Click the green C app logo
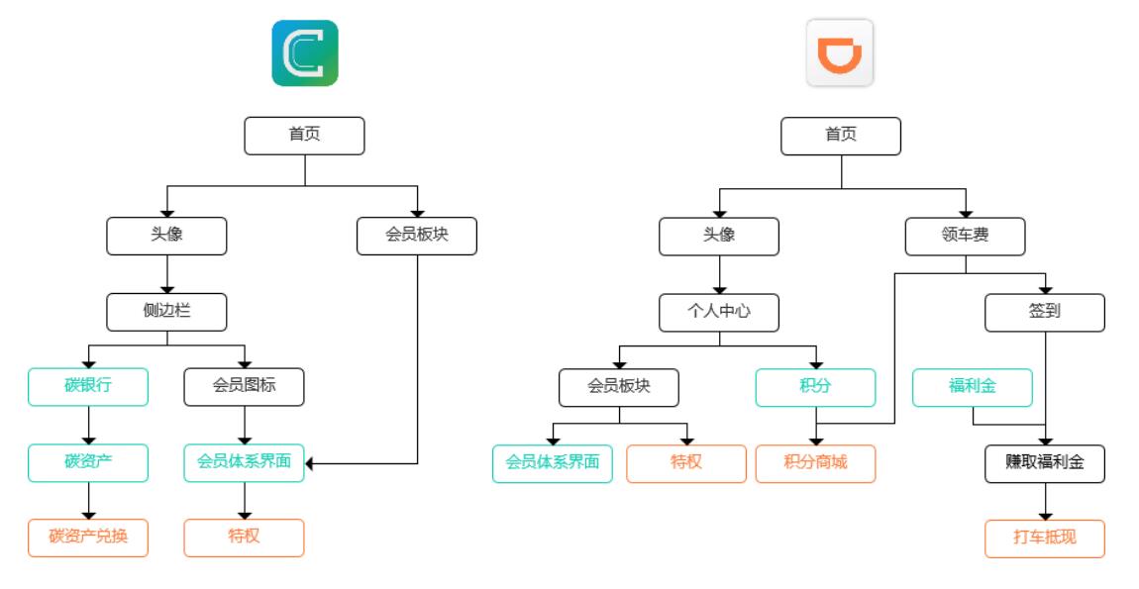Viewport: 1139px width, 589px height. coord(305,53)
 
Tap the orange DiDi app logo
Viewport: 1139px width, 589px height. coord(840,53)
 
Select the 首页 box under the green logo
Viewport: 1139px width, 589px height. coord(304,136)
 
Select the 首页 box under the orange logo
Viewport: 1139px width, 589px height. coord(841,136)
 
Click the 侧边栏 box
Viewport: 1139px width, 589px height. coord(166,312)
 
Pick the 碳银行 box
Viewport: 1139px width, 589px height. coord(88,387)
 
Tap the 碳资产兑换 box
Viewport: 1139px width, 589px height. coord(88,539)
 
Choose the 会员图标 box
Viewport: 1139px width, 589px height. coord(244,387)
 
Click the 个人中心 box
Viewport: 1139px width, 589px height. coord(719,312)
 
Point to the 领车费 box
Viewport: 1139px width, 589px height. coord(965,237)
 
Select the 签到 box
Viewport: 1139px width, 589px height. coord(1044,312)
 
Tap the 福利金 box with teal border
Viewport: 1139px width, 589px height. coord(972,387)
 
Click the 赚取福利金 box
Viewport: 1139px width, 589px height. coord(1044,463)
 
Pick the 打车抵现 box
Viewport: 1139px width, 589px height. coord(1044,539)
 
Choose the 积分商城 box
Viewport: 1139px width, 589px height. coord(815,463)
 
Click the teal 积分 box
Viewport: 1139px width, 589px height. coord(815,387)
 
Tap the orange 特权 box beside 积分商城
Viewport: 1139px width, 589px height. coord(685,463)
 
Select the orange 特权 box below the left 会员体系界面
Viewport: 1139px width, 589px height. coord(244,539)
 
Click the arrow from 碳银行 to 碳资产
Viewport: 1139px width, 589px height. coord(88,426)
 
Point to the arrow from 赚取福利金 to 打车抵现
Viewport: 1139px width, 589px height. coord(1044,502)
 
